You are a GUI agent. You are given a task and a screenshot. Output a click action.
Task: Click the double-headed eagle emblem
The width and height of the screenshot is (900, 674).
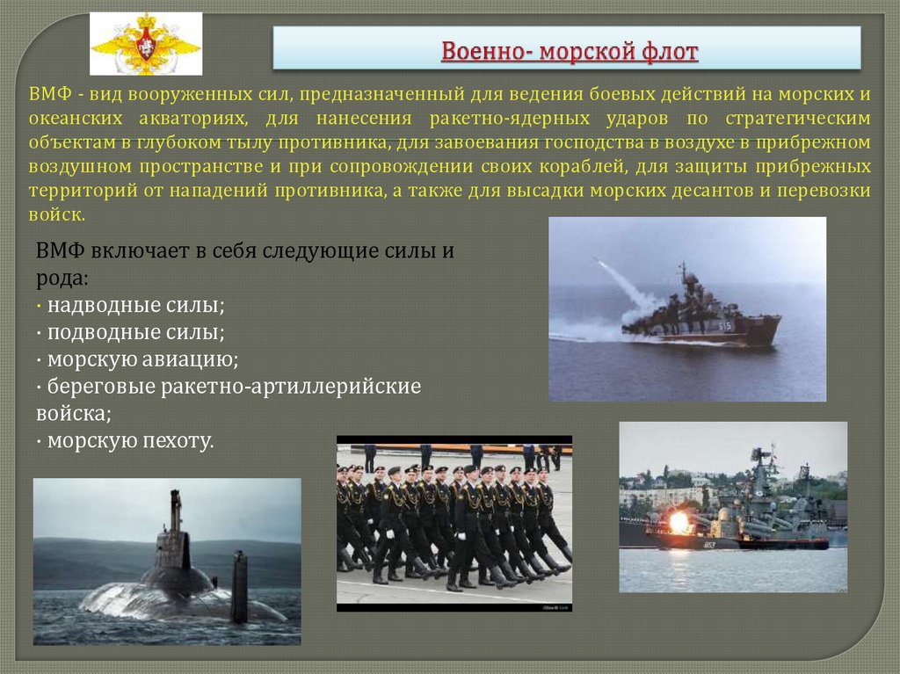point(146,44)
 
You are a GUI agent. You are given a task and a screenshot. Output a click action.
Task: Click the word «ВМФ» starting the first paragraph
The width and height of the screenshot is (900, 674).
point(44,94)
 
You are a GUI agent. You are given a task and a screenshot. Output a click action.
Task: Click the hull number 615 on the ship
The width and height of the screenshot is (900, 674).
point(724,326)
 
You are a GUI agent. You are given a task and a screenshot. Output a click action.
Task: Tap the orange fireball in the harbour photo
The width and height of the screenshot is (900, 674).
point(680,522)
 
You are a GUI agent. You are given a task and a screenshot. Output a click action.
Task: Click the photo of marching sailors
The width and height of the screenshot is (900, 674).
point(454,523)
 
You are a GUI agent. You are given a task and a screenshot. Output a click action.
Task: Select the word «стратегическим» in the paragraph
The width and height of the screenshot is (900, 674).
point(787,118)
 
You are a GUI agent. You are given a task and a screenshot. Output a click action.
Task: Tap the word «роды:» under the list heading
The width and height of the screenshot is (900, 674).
point(62,278)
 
